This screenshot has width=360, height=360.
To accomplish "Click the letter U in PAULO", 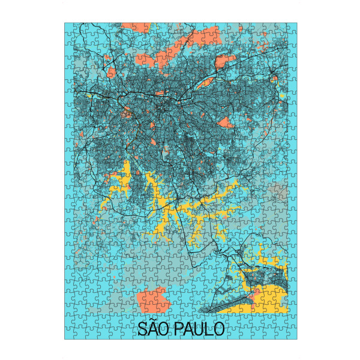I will [x=199, y=329].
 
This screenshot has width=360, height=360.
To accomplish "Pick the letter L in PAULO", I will [x=208, y=329].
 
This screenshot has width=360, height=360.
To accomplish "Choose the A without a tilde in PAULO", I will [x=188, y=329].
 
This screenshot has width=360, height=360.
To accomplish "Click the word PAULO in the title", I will [x=199, y=329].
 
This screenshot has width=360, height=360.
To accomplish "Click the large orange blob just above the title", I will [x=151, y=298].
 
